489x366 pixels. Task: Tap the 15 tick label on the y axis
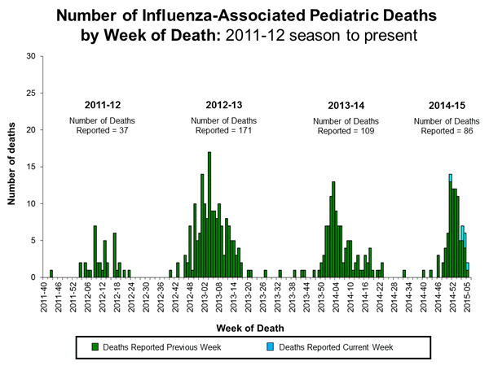click(x=30, y=167)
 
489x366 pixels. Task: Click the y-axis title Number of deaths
click(x=14, y=167)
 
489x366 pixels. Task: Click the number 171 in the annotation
click(x=253, y=131)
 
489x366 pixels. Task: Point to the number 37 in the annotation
click(x=128, y=131)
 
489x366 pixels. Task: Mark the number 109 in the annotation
click(x=368, y=131)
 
